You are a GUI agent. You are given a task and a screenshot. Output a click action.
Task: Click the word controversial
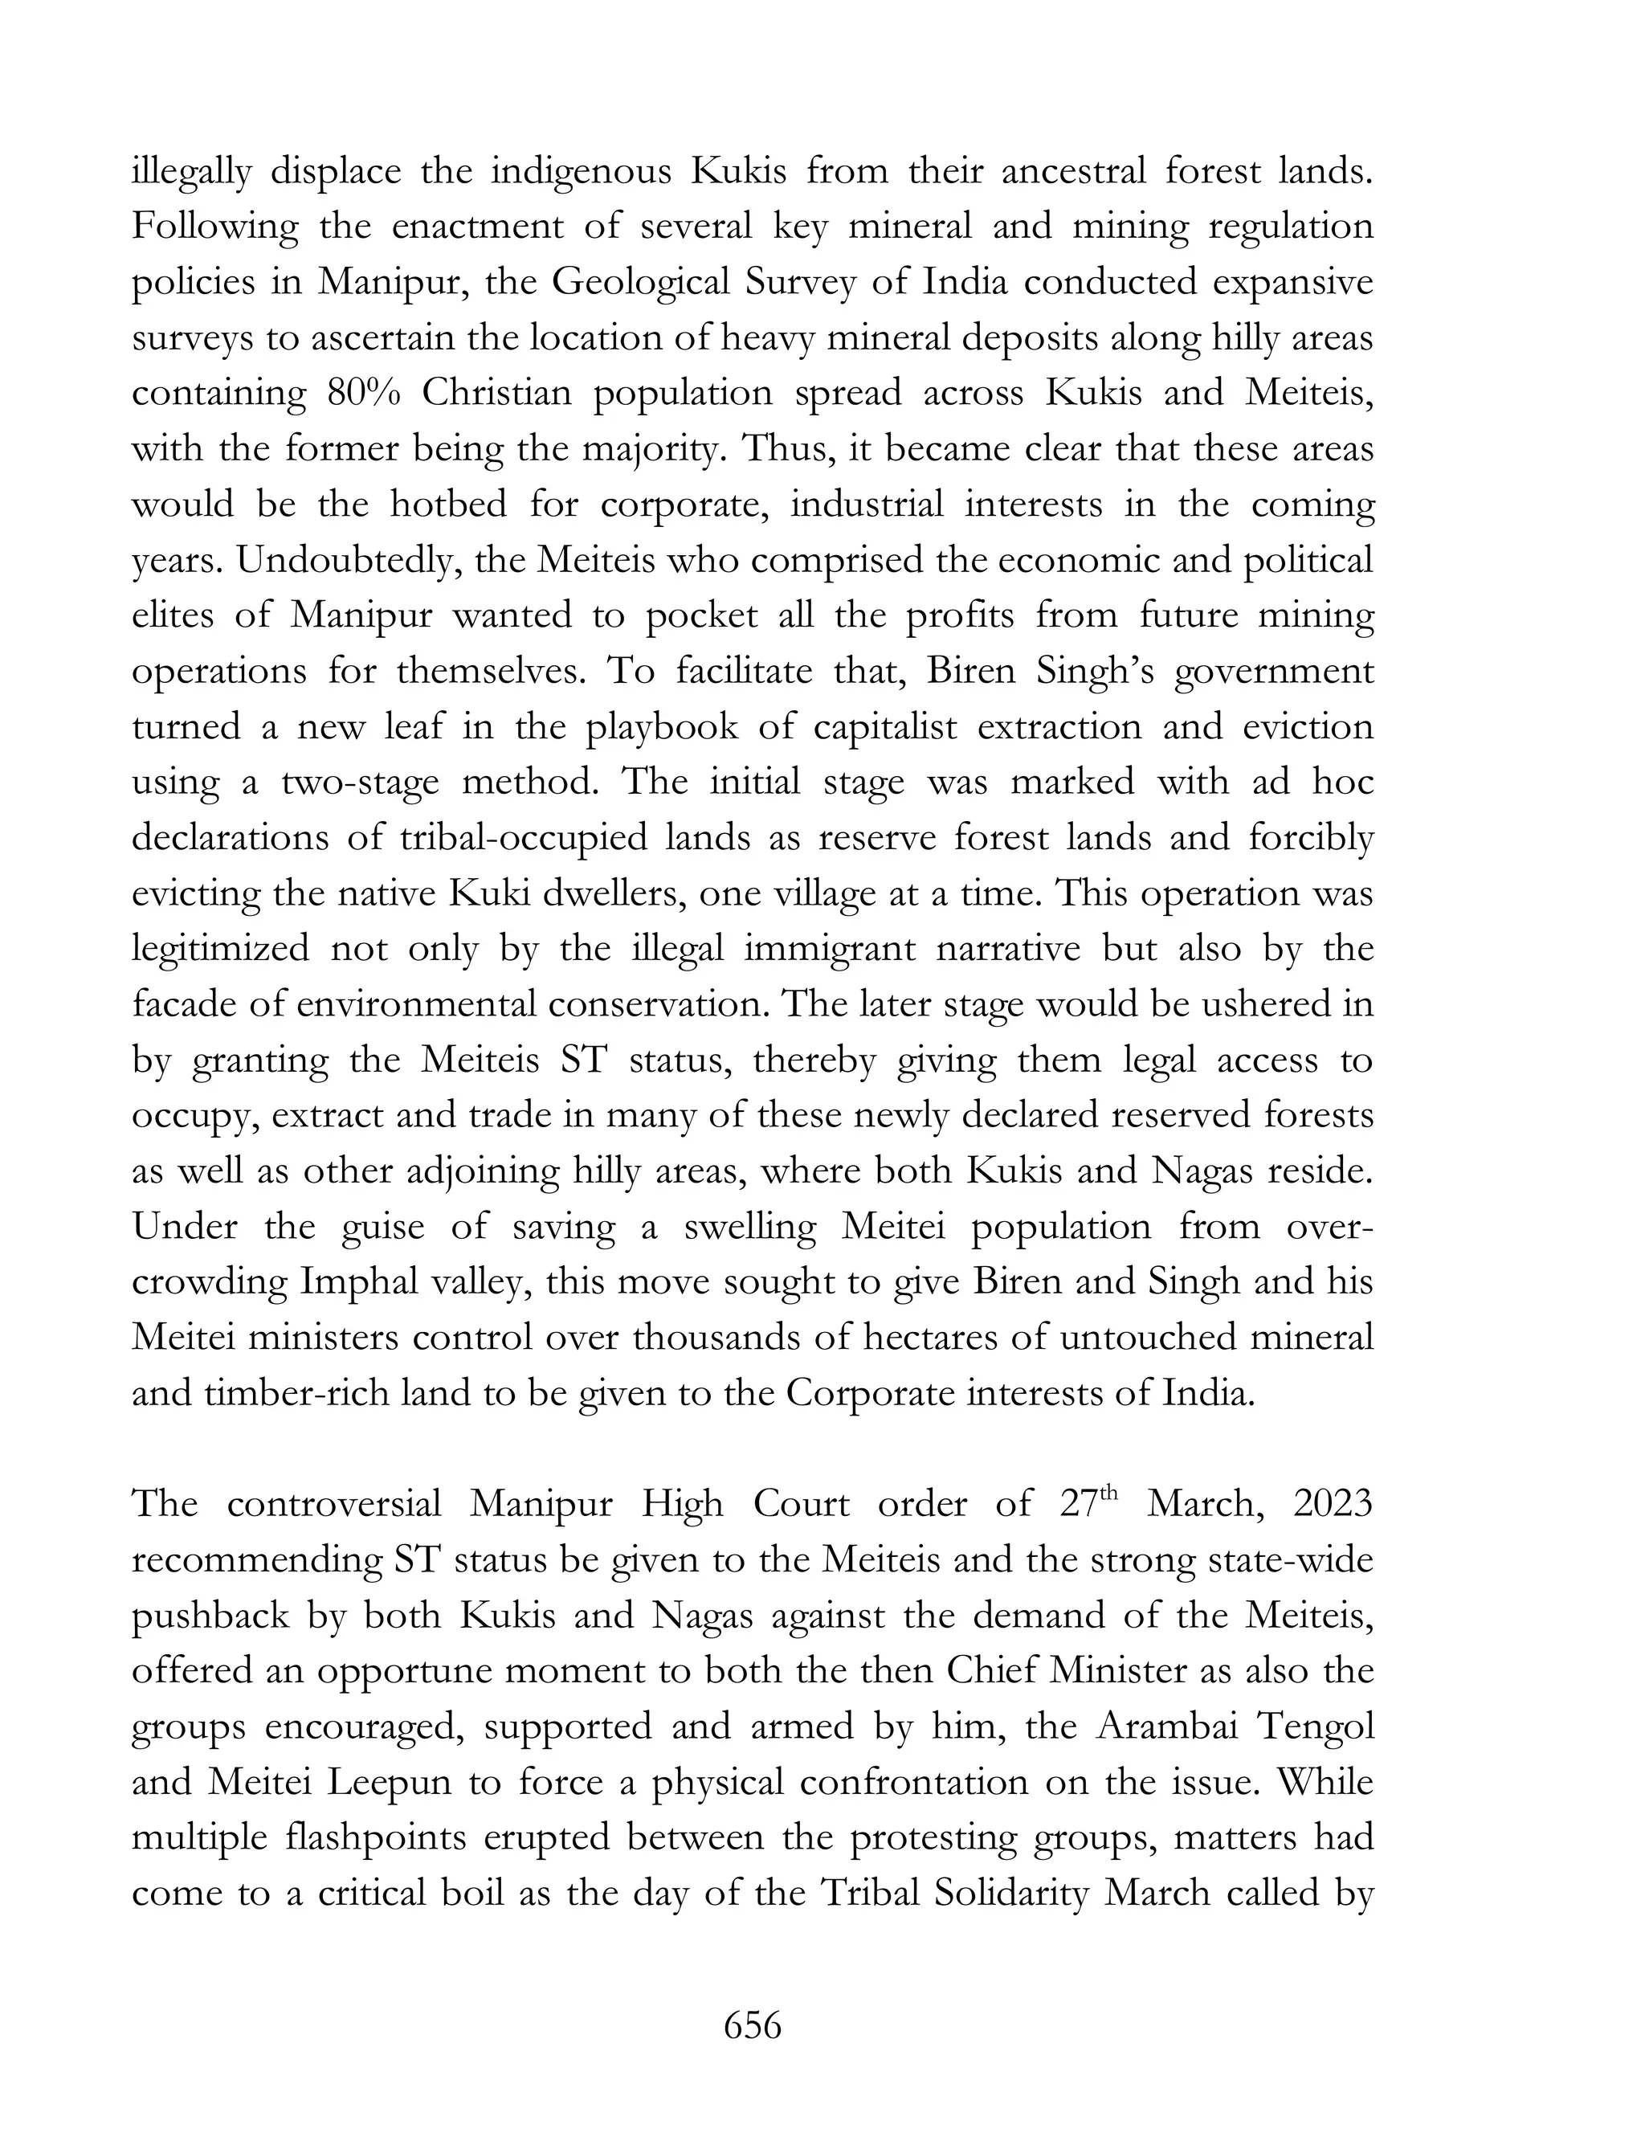pos(334,1504)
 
